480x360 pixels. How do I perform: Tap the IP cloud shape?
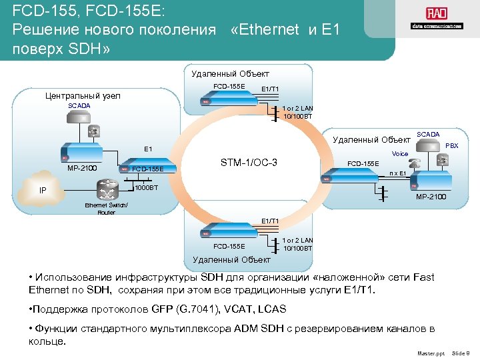click(43, 190)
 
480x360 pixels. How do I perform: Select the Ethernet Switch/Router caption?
click(106, 209)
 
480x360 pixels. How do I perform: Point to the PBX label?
click(451, 145)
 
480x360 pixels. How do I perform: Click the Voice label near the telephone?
click(400, 153)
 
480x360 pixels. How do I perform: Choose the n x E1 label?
click(398, 173)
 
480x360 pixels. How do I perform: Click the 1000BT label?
click(147, 188)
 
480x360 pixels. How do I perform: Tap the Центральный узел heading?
click(83, 96)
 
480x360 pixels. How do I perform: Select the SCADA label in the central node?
click(79, 106)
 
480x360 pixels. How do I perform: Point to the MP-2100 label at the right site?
click(431, 197)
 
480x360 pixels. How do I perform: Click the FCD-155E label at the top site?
click(229, 86)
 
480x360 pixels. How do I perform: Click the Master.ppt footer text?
click(430, 352)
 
